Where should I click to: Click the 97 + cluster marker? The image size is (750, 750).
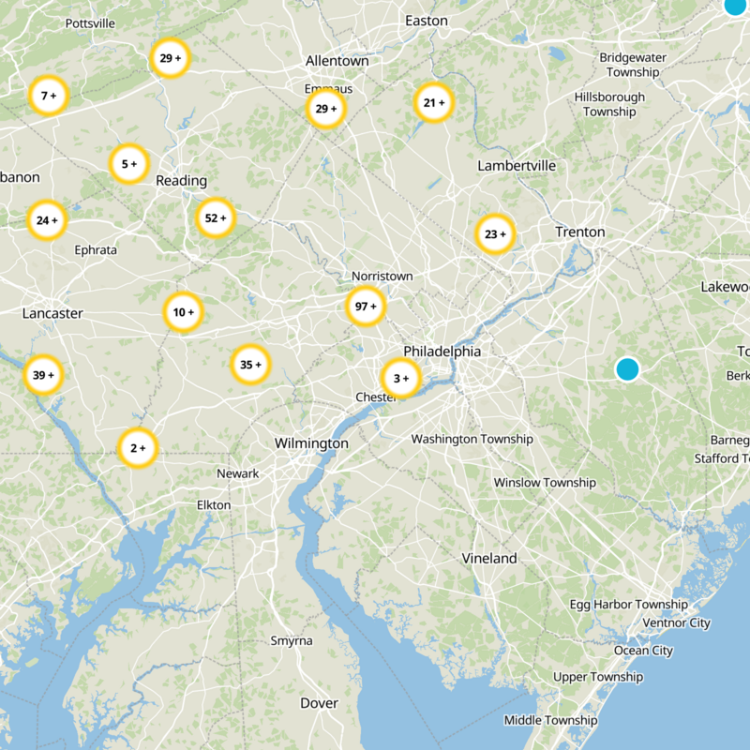coord(366,307)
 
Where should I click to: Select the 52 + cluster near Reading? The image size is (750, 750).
coord(216,218)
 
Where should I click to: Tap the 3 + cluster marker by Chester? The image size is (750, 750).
coord(401,379)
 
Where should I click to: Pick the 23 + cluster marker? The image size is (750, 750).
coord(495,234)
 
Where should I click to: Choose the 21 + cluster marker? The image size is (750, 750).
coord(433,103)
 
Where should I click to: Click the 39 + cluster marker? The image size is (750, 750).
coord(43,375)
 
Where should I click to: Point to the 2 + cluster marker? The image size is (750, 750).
coord(138,448)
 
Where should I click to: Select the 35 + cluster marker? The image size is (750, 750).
coord(250,365)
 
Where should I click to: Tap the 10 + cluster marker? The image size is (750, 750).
coord(183,312)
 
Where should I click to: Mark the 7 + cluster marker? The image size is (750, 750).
coord(49,96)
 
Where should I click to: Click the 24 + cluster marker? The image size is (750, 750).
coord(46,221)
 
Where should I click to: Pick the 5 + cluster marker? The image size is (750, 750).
coord(129,164)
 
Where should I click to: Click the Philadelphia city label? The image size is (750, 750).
coord(442,351)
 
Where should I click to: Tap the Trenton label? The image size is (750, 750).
coord(579,232)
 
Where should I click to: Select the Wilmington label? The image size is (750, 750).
coord(311,442)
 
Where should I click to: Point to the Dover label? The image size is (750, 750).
coord(319,702)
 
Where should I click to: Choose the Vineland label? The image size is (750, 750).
coord(488,558)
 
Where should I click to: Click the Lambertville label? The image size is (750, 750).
coord(517,165)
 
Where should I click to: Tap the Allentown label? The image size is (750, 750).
coord(337,61)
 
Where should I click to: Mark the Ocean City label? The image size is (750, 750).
coord(643,650)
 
